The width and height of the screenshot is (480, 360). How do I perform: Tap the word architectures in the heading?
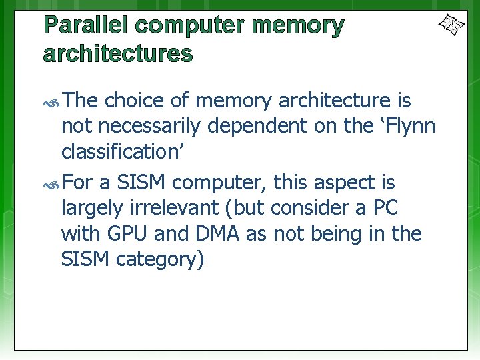pyautogui.click(x=117, y=54)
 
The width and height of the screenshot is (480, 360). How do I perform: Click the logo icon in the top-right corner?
pyautogui.click(x=451, y=25)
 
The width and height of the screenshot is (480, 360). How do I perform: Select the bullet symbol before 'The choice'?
pyautogui.click(x=52, y=102)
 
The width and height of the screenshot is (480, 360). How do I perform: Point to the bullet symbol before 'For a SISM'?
pyautogui.click(x=52, y=183)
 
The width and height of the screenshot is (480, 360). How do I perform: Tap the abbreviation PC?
pyautogui.click(x=385, y=208)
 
